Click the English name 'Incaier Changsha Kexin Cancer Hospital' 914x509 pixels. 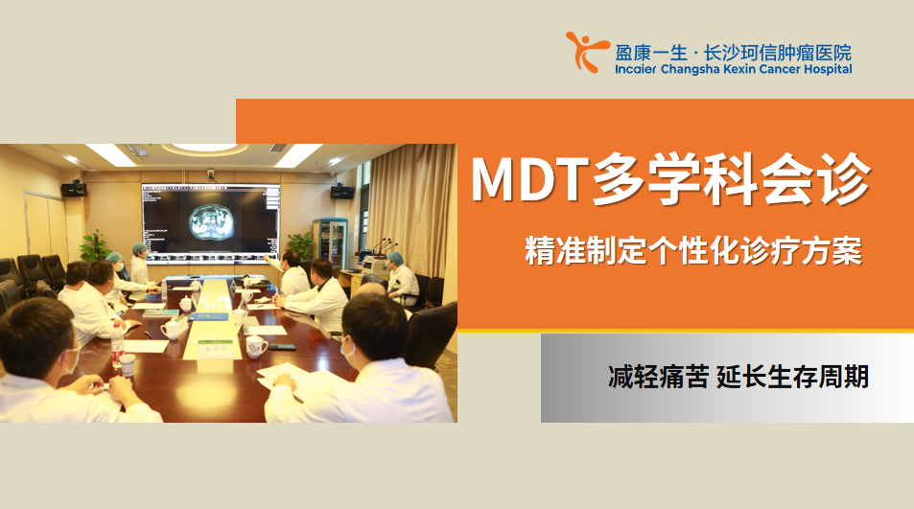[x=734, y=69]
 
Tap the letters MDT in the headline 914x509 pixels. [x=528, y=179]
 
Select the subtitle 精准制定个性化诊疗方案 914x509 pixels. [x=693, y=251]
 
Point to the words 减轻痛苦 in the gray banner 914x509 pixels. [x=658, y=377]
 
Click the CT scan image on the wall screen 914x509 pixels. [x=212, y=222]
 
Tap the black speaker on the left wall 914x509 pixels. [x=74, y=189]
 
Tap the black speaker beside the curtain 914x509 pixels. [x=342, y=192]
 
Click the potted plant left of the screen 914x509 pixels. [x=94, y=245]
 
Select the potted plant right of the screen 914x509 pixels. [x=301, y=244]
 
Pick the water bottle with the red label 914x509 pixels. [x=118, y=346]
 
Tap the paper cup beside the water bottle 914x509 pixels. [x=127, y=365]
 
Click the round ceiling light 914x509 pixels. [x=205, y=148]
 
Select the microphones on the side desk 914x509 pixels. [x=383, y=247]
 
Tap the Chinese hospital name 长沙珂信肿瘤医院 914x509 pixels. [x=778, y=53]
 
